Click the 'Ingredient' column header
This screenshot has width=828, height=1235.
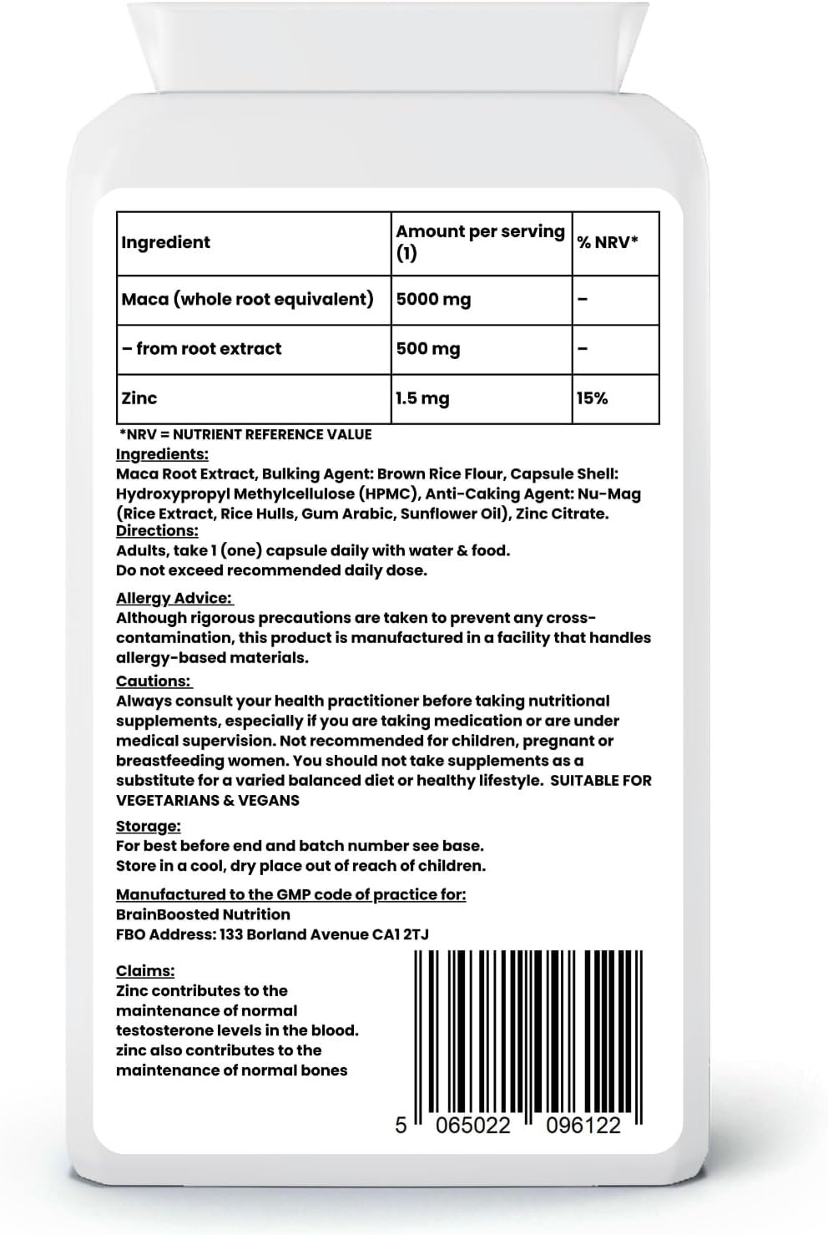click(x=165, y=243)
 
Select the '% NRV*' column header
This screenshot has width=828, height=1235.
click(x=608, y=243)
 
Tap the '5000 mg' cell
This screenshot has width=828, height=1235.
click(x=433, y=299)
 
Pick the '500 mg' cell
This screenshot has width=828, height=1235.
click(x=428, y=349)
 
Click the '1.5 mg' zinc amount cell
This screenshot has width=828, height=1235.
click(x=422, y=398)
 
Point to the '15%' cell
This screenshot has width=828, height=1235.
click(x=592, y=398)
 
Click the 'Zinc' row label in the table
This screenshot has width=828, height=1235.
click(x=139, y=398)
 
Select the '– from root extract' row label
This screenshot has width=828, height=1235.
click(x=201, y=349)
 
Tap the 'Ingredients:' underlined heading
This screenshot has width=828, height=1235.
click(x=162, y=454)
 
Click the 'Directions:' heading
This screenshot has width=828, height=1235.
click(x=157, y=531)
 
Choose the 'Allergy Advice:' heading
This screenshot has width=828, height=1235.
click(x=174, y=599)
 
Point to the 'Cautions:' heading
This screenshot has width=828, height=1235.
click(x=154, y=681)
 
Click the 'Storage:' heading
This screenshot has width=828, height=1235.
click(x=148, y=827)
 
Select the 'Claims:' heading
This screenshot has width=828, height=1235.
click(x=145, y=971)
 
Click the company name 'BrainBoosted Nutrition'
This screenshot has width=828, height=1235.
click(x=203, y=914)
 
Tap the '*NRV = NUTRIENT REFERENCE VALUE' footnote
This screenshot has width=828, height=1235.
click(x=245, y=434)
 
